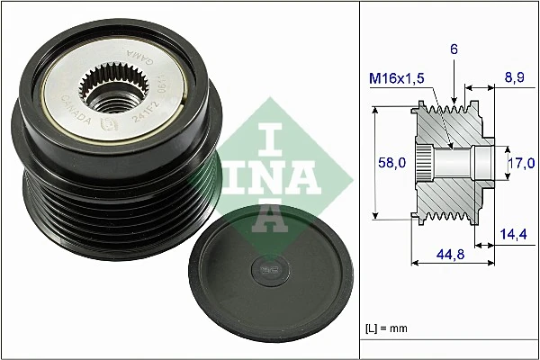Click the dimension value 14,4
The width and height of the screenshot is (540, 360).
click(515, 234)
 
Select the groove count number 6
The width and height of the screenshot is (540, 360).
click(455, 52)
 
